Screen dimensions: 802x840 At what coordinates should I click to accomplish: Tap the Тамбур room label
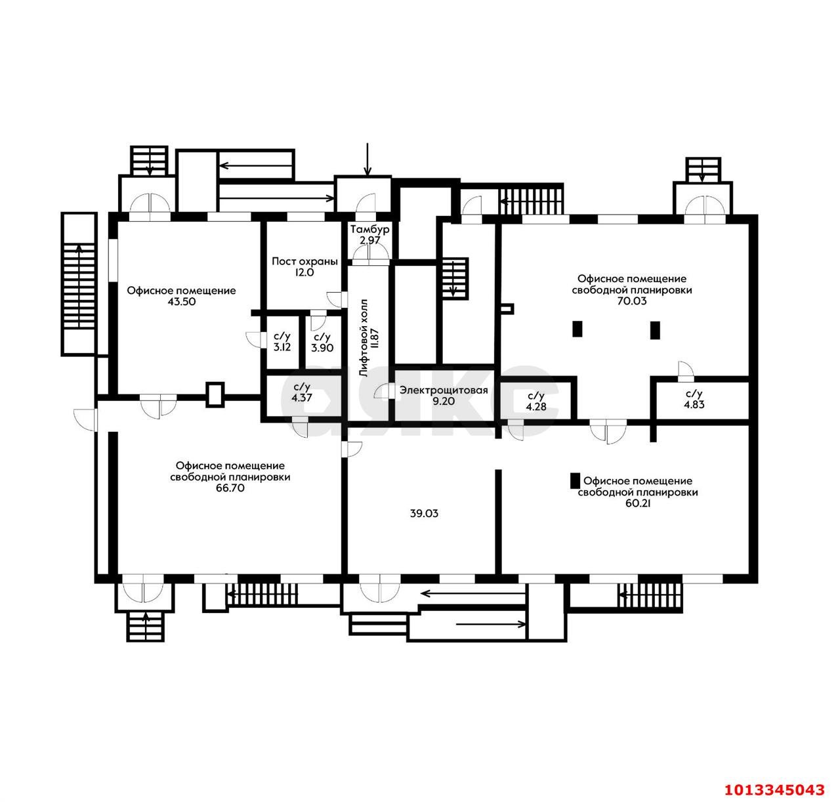(370, 230)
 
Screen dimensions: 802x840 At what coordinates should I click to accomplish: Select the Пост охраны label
(304, 261)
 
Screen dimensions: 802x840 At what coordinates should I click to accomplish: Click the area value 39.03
(423, 513)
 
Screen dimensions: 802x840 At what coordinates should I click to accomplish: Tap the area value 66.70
(230, 488)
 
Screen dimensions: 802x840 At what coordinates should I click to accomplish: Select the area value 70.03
(631, 301)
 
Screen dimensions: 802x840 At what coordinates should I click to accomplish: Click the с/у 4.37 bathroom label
(301, 392)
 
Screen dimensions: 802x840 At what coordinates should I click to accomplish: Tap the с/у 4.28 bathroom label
(535, 400)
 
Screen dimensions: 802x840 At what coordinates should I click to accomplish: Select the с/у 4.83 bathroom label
(694, 399)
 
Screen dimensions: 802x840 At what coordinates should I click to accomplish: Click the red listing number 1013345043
(772, 788)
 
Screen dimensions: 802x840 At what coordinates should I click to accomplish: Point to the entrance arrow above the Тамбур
(367, 159)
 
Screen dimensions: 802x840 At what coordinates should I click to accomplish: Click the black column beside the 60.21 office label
(575, 481)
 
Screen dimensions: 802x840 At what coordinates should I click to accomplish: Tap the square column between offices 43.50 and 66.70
(215, 394)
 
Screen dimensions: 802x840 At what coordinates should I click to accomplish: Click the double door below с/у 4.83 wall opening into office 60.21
(606, 432)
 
